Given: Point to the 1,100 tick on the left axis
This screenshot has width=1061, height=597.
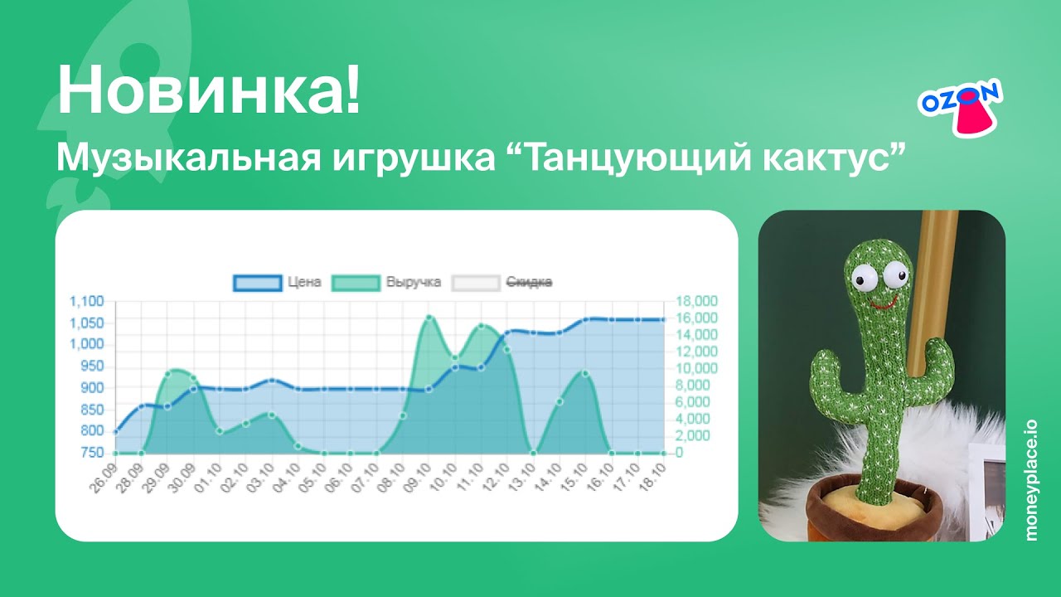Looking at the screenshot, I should (86, 301).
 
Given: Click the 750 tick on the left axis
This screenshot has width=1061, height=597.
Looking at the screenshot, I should (93, 453).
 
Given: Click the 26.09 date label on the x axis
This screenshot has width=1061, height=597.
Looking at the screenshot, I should (105, 479).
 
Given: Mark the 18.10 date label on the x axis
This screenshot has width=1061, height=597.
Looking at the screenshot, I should (653, 479).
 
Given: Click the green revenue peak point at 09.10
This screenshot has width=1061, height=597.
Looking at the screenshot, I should (429, 318).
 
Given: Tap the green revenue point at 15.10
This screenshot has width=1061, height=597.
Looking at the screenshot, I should (585, 373).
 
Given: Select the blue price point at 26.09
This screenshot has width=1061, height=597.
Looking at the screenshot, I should (116, 431).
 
